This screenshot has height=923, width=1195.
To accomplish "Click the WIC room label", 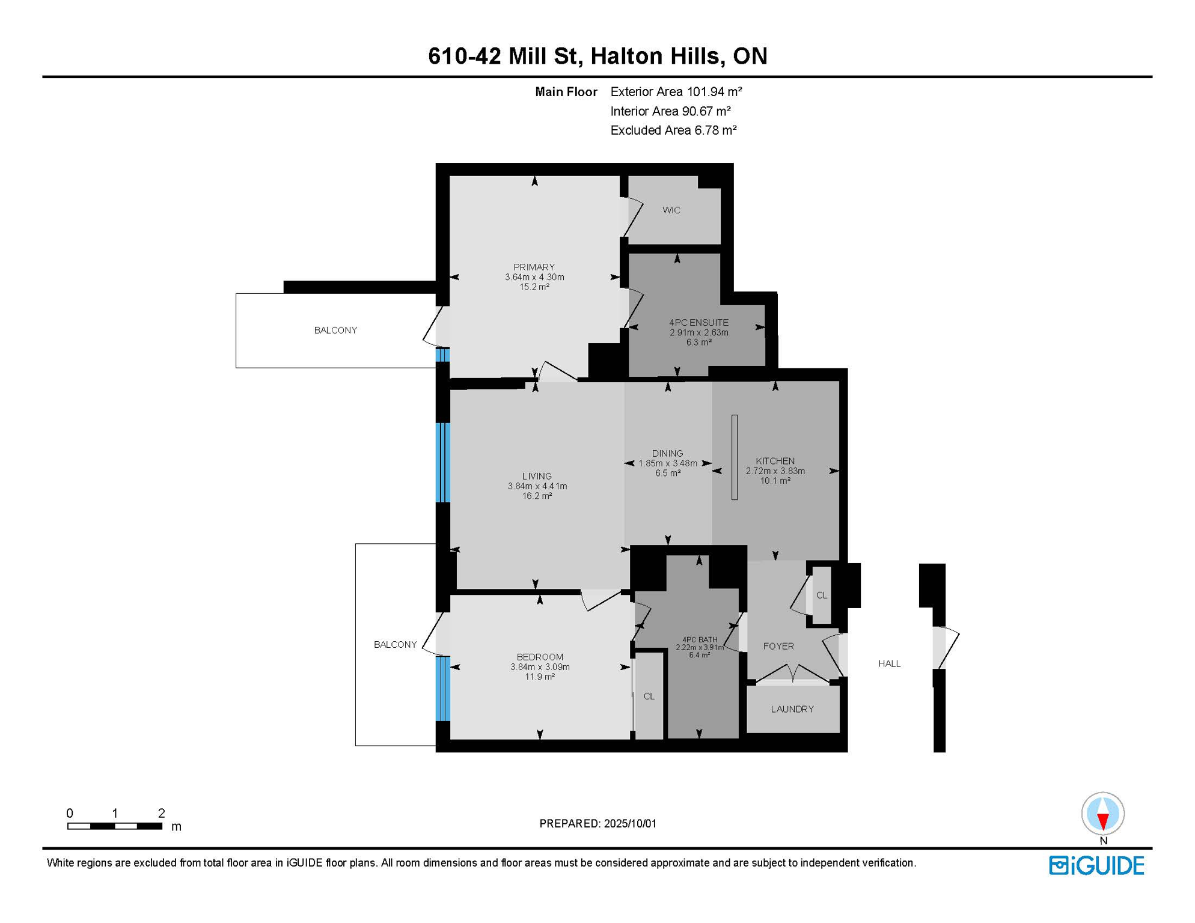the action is tap(671, 210).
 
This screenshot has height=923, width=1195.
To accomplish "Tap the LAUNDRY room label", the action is tap(792, 709).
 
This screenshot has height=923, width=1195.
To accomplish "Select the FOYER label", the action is tap(778, 646).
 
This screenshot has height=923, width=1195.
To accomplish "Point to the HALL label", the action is tap(889, 663).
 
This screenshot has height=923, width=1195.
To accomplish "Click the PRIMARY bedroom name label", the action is tap(534, 267).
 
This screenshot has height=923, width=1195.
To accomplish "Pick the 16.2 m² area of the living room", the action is tap(537, 496).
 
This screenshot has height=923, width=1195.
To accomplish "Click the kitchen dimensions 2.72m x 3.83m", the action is tap(775, 471).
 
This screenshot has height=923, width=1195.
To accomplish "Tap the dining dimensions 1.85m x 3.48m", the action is tap(667, 463).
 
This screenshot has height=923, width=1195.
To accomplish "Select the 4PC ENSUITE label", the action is tap(698, 323).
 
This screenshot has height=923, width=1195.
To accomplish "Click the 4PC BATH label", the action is tap(700, 640).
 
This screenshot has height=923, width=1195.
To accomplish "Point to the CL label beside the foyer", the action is tap(822, 596).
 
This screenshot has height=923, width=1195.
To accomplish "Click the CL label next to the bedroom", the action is tap(649, 696).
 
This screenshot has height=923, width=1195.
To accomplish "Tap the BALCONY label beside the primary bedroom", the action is tap(335, 331).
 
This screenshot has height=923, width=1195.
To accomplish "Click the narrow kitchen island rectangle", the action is tap(734, 457).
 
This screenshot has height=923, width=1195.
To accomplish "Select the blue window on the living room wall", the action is tap(442, 462).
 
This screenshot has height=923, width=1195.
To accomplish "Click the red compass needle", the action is tap(1102, 821).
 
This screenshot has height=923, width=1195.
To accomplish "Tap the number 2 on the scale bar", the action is tap(161, 813).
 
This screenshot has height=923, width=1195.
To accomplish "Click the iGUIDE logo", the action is tap(1096, 866).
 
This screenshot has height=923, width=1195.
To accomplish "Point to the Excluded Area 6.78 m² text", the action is tap(673, 130).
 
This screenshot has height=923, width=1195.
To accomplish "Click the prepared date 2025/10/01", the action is tap(630, 823).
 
